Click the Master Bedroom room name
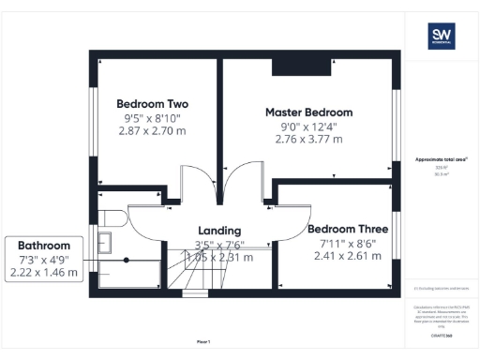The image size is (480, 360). point(308,112)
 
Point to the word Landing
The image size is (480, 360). point(219,231)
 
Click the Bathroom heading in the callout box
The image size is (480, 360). point(44,245)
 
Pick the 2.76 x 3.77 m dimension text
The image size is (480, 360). point(308,140)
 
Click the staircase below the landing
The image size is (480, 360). point(205,277)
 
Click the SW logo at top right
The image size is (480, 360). point(442,37)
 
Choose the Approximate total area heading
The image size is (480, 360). point(441,160)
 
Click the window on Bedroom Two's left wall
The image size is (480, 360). point(92,123)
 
